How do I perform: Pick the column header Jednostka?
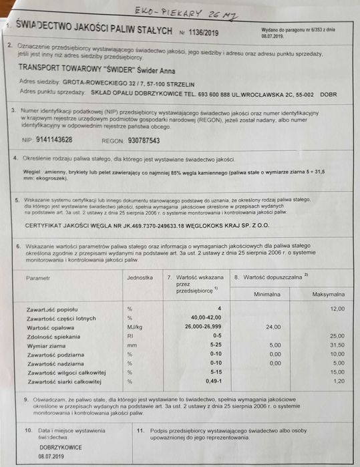pyautogui.click(x=140, y=277)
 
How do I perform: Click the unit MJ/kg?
pyautogui.click(x=135, y=327)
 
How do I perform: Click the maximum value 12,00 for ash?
pyautogui.click(x=337, y=309)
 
